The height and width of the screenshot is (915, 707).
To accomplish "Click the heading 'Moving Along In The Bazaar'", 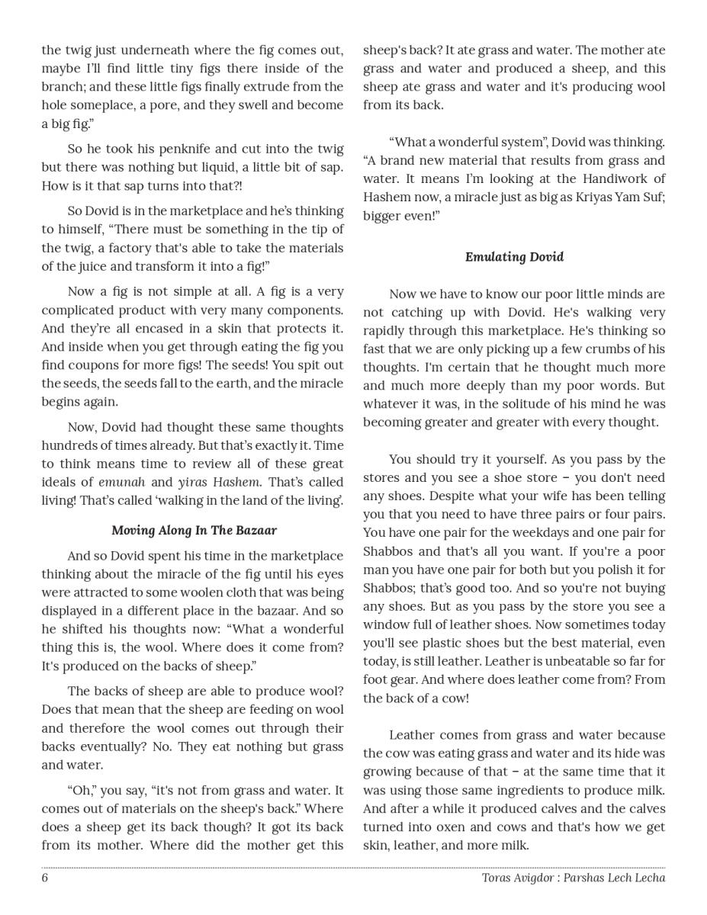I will [194, 530].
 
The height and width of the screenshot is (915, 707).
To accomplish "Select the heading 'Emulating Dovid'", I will [514, 257].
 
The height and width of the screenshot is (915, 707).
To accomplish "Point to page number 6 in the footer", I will [45, 878].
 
